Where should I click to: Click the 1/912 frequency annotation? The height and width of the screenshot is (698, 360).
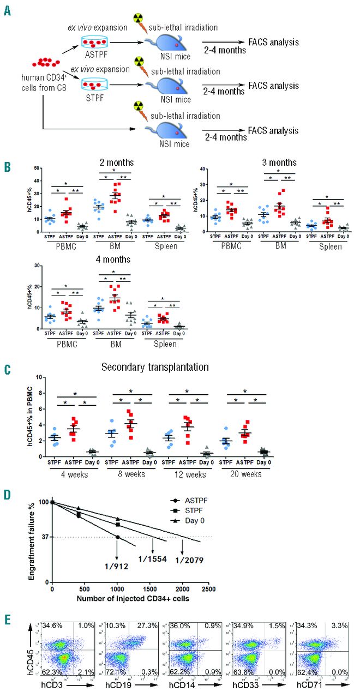[x=117, y=565]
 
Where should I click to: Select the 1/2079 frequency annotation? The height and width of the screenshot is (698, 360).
[x=188, y=559]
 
